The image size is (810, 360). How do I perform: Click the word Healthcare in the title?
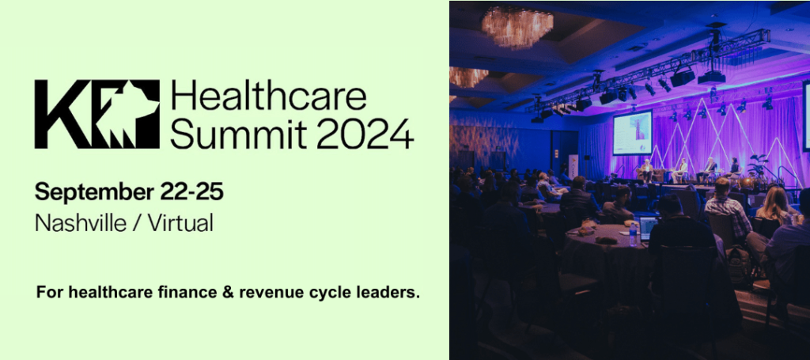[x=269, y=97]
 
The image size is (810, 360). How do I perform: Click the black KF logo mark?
[x=97, y=114]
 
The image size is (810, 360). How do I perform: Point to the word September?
[x=94, y=193]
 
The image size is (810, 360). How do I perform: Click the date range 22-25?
[x=191, y=191]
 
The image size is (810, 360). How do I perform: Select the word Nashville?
[x=81, y=223]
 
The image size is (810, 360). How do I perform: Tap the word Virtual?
[x=180, y=223]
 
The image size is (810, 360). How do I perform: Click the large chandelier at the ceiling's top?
[x=517, y=27]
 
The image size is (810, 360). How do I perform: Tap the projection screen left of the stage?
[x=633, y=132]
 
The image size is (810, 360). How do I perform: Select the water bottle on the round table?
[x=633, y=236]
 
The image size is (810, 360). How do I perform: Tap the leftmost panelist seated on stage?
[x=646, y=170]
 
